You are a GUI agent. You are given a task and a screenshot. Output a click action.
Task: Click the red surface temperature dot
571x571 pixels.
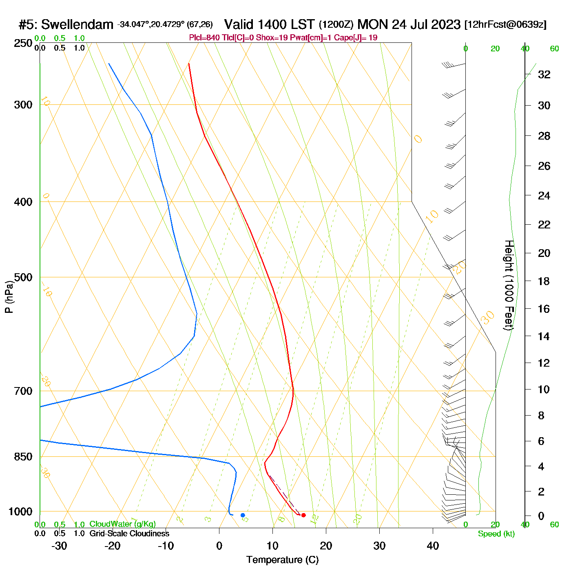pos(303,515)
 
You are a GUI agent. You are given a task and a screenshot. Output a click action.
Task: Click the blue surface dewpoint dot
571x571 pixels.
pos(243,515)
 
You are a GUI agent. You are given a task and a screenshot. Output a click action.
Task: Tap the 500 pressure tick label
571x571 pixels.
pos(23,277)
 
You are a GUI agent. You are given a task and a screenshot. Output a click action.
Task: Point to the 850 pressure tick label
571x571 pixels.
pos(23,457)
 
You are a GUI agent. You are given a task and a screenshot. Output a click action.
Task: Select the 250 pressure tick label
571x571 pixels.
pos(23,43)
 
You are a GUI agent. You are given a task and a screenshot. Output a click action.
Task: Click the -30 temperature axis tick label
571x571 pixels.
pos(59,546)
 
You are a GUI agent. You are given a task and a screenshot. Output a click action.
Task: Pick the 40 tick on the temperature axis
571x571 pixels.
pos(433,546)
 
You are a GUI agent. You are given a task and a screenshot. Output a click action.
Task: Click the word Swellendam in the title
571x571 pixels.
pos(77,25)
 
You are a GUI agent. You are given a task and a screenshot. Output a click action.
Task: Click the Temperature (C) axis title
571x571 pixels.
pos(282,560)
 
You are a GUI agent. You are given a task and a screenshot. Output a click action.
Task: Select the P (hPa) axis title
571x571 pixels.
pos(9,297)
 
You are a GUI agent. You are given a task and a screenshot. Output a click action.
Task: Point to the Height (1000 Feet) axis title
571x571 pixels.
pos(509,285)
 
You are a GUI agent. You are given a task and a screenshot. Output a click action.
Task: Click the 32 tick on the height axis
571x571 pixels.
pos(544,75)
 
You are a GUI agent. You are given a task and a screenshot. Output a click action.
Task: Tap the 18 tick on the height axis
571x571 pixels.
pos(544,281)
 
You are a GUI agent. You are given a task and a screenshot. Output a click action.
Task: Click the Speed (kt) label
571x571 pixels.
pos(496,534)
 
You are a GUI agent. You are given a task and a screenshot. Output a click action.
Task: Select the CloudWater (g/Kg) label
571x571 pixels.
pos(122,524)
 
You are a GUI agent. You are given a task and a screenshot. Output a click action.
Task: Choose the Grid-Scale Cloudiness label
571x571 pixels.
pos(129,533)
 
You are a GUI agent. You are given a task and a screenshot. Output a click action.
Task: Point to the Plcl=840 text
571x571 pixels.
pos(204,38)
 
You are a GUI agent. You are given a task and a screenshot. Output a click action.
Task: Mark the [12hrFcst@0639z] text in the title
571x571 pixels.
pos(505,25)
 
